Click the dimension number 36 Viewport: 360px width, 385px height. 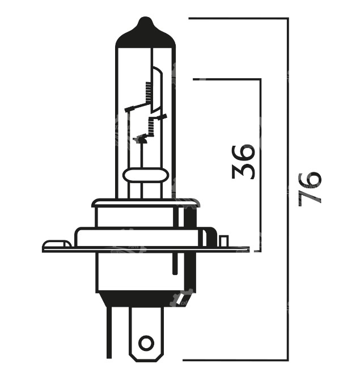(x=243, y=162)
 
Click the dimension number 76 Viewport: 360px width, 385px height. (x=310, y=188)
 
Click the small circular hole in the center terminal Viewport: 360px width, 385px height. (x=146, y=343)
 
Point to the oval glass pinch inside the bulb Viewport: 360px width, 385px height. (x=146, y=175)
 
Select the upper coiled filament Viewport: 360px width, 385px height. (x=149, y=92)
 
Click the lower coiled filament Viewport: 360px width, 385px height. (x=151, y=126)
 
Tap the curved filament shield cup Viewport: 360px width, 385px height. (x=156, y=90)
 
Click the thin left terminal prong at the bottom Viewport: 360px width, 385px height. (x=109, y=332)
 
